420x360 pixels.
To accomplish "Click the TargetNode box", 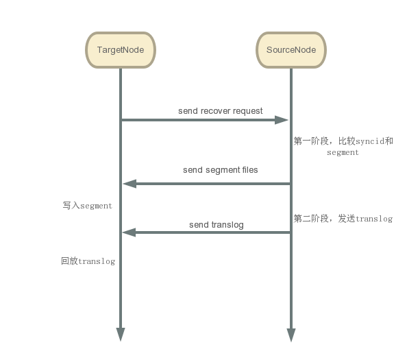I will point(121,50).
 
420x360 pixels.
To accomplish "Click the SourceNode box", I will point(291,50).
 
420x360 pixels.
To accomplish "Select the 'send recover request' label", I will point(220,110).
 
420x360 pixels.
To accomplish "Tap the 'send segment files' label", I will point(220,169).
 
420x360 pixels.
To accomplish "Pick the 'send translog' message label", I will point(216,224).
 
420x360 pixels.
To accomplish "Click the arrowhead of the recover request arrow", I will point(282,120).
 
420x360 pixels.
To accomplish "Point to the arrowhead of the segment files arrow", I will point(129,183).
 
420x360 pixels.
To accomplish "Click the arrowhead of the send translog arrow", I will point(129,232).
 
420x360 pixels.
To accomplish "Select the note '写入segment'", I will point(87,205).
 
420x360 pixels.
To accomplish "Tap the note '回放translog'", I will point(88,261).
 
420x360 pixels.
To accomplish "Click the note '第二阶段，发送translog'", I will point(343,219).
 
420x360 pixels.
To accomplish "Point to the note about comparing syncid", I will point(343,146).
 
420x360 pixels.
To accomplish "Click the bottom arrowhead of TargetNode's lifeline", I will point(121,334).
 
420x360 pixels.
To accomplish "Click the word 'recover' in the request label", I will point(216,110).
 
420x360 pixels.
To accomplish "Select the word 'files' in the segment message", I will point(247,169).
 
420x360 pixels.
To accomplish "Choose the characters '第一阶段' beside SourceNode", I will point(310,141).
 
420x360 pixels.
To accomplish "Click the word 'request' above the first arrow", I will point(248,110).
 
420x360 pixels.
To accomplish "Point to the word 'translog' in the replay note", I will point(97,261).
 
